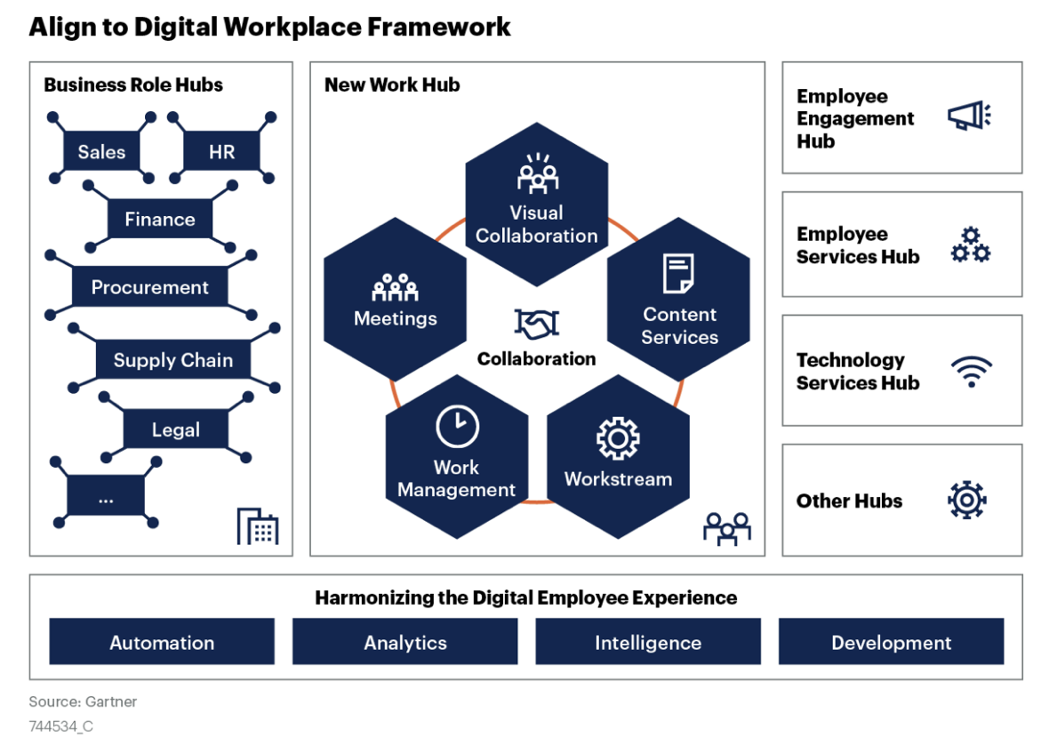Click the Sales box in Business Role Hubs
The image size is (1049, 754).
tap(101, 152)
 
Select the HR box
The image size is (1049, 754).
tap(221, 152)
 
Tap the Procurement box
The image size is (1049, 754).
tap(149, 287)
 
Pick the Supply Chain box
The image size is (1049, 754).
tap(172, 360)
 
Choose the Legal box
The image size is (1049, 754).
tap(175, 430)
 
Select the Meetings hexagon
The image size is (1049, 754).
tap(395, 302)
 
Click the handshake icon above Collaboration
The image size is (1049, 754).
tap(536, 324)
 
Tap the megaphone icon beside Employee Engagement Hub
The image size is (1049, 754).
tap(968, 116)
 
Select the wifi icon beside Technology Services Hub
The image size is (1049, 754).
tap(971, 372)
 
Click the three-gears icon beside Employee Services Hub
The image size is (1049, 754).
tap(970, 245)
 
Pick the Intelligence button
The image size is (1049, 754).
tap(648, 642)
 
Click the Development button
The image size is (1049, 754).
tap(891, 642)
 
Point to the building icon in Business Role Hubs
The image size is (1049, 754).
tap(258, 526)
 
